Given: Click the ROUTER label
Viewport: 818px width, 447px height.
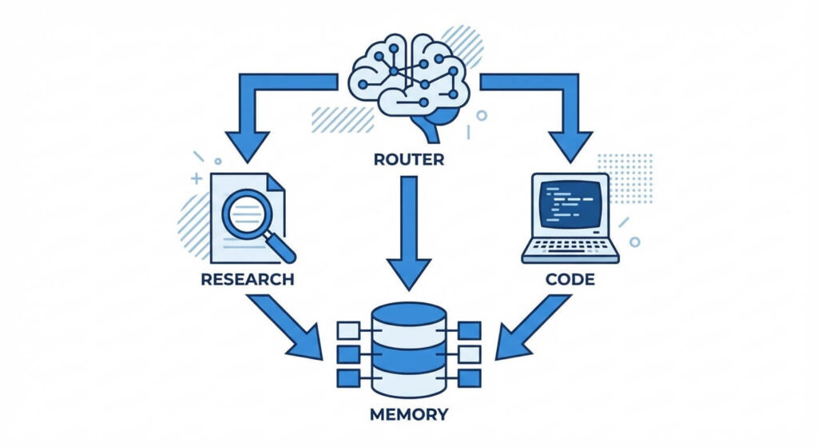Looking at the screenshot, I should point(408,159).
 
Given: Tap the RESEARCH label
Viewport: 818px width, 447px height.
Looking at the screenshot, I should point(248,280).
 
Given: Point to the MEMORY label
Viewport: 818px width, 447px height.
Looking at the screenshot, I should point(408,415).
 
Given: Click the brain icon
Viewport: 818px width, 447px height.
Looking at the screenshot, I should point(408,76).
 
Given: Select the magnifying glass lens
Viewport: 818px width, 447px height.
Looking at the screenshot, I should point(246,211).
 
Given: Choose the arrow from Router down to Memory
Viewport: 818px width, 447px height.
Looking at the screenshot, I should point(408,232).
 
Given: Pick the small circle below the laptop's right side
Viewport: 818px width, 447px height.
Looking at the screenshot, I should point(634,241).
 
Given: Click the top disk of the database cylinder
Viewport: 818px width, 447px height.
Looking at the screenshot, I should point(408,313).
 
